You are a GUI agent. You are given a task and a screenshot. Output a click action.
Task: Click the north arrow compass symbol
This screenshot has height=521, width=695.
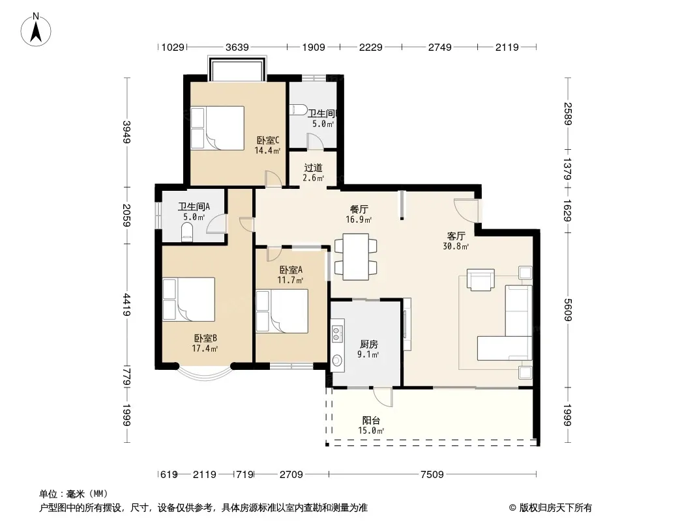pyautogui.click(x=36, y=30)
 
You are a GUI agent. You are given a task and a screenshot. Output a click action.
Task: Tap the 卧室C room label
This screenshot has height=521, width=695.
pyautogui.click(x=268, y=140)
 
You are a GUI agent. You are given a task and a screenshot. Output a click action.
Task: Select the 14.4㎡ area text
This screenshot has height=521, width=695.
pyautogui.click(x=267, y=150)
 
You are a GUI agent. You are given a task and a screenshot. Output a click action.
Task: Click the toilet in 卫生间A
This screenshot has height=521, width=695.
pyautogui.click(x=188, y=232)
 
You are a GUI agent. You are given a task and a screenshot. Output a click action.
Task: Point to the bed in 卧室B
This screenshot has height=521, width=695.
pyautogui.click(x=189, y=299)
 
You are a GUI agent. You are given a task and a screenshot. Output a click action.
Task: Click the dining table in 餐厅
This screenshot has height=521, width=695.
pyautogui.click(x=355, y=257)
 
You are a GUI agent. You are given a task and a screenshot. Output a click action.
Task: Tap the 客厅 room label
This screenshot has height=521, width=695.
pyautogui.click(x=456, y=236)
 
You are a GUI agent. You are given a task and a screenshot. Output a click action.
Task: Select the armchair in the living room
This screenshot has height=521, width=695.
pyautogui.click(x=481, y=280)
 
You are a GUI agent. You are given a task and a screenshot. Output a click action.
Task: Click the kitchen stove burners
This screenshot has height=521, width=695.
pyautogui.click(x=336, y=333)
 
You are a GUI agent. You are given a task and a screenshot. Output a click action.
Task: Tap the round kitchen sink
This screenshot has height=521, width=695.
pyautogui.click(x=337, y=361)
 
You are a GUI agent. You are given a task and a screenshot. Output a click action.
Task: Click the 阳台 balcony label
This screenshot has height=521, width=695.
pyautogui.click(x=371, y=421)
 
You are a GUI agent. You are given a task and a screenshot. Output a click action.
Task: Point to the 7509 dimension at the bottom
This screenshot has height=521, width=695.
pyautogui.click(x=432, y=475)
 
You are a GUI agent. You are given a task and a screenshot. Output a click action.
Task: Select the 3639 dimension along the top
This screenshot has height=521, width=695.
pyautogui.click(x=237, y=47)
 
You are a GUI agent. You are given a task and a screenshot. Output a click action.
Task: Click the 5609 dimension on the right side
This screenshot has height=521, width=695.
pyautogui.click(x=568, y=310)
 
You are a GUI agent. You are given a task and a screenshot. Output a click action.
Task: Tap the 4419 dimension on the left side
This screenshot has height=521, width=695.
pyautogui.click(x=126, y=305)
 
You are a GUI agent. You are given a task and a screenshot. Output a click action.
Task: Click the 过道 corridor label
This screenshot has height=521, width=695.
pyautogui.click(x=313, y=168)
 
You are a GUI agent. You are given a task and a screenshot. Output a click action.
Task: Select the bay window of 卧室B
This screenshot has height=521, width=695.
pyautogui.click(x=205, y=373)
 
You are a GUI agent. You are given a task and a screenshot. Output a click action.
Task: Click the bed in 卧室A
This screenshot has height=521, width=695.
pyautogui.click(x=282, y=311)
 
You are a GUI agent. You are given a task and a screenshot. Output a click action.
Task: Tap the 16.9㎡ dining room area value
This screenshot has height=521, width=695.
pyautogui.click(x=359, y=219)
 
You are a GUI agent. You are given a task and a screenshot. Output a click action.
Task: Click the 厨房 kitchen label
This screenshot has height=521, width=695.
pyautogui.click(x=368, y=344)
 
